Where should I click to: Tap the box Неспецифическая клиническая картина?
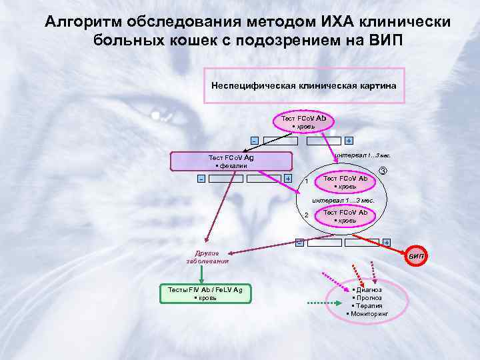click(x=303, y=86)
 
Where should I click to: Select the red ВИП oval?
click(x=416, y=255)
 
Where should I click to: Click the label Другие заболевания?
click(x=207, y=257)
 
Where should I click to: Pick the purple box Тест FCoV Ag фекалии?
click(x=231, y=161)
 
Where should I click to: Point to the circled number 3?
click(x=382, y=171)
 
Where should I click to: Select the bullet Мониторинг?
click(x=367, y=313)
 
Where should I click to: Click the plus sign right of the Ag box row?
click(x=287, y=179)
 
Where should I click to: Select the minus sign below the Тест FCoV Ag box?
click(x=201, y=179)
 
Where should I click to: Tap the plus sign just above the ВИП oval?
click(x=386, y=241)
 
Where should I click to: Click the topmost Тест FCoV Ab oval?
click(x=303, y=121)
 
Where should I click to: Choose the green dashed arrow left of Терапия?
click(x=325, y=304)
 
